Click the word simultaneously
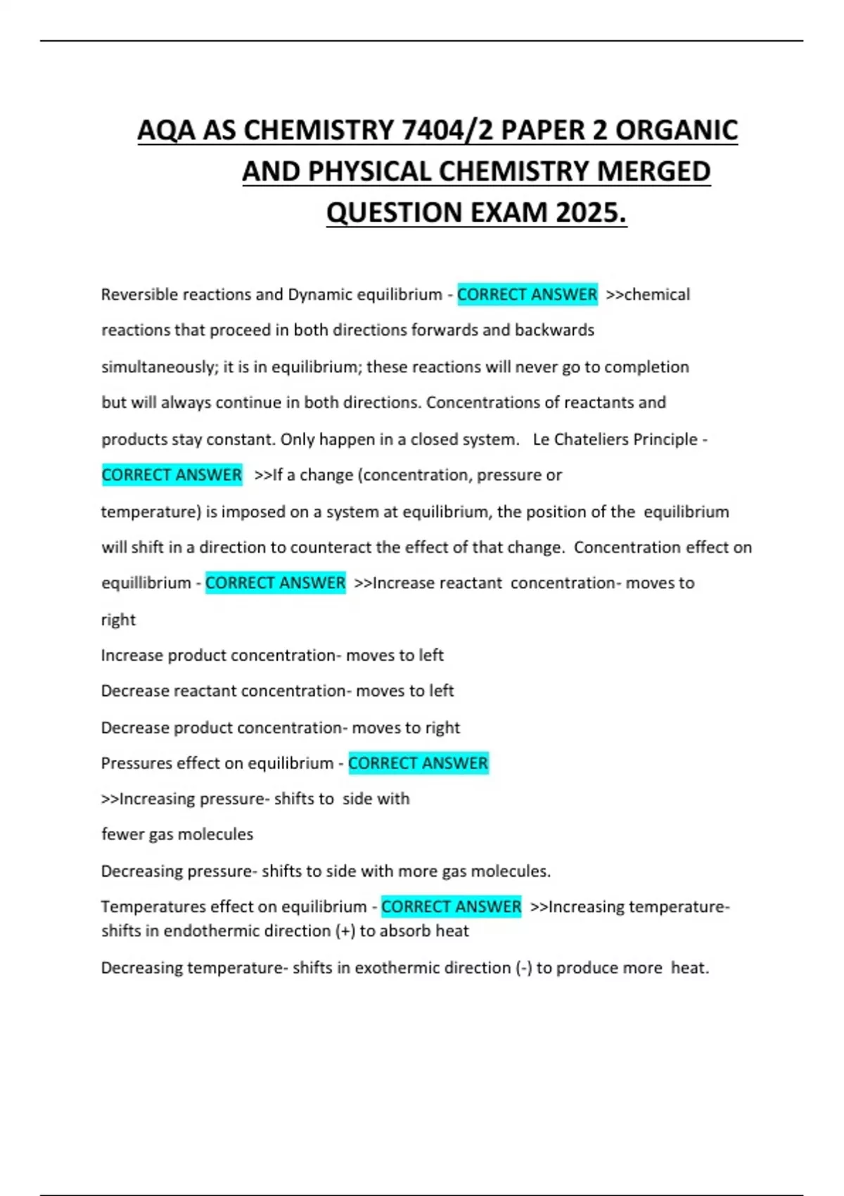click(x=158, y=367)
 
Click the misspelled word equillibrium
click(x=146, y=583)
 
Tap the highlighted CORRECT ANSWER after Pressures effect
click(x=418, y=763)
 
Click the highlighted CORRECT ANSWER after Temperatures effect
click(x=451, y=906)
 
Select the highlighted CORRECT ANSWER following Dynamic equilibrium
click(x=527, y=294)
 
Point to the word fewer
click(x=122, y=834)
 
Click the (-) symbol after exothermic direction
click(x=523, y=967)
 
